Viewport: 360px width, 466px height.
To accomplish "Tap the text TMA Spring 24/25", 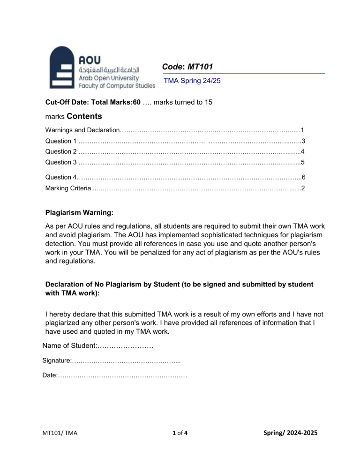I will point(192,81).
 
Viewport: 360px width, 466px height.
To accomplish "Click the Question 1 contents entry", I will point(61,141).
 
